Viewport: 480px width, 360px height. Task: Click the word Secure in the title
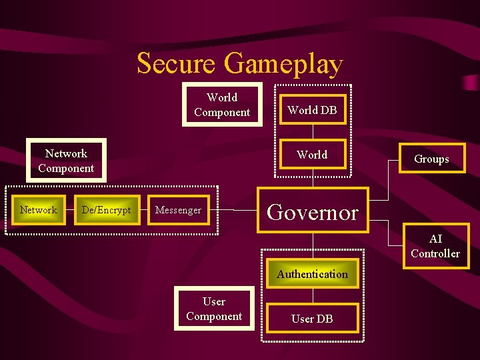pos(176,64)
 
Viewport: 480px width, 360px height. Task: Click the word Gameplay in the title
pos(283,64)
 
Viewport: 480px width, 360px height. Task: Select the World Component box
pos(222,105)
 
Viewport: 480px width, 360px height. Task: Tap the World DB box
pos(312,111)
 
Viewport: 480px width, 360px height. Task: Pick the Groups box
pos(431,159)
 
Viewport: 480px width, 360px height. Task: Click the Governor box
pos(313,211)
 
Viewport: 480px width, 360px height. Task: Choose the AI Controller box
pos(435,246)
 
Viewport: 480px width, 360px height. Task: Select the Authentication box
pos(312,274)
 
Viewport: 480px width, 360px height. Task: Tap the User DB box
pos(312,319)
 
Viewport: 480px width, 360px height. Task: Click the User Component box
pos(214,309)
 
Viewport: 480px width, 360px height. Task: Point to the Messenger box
pos(178,210)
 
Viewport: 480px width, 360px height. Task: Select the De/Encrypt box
pos(106,210)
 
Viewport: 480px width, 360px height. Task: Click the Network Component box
pos(66,161)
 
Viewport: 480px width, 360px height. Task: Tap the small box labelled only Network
pos(39,210)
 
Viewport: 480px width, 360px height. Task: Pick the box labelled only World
pos(312,155)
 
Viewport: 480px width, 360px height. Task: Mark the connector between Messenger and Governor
pos(233,210)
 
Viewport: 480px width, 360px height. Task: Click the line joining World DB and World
pos(312,132)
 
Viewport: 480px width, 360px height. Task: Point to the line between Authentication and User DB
pos(312,296)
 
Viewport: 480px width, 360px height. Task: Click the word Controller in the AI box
pos(435,253)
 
